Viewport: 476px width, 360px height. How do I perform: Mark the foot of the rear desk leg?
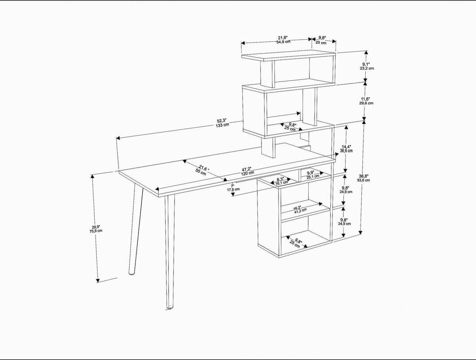[x=131, y=273]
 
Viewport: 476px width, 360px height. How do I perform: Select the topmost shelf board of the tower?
[x=288, y=56]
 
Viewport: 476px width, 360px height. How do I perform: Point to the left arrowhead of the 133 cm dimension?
[x=118, y=139]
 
